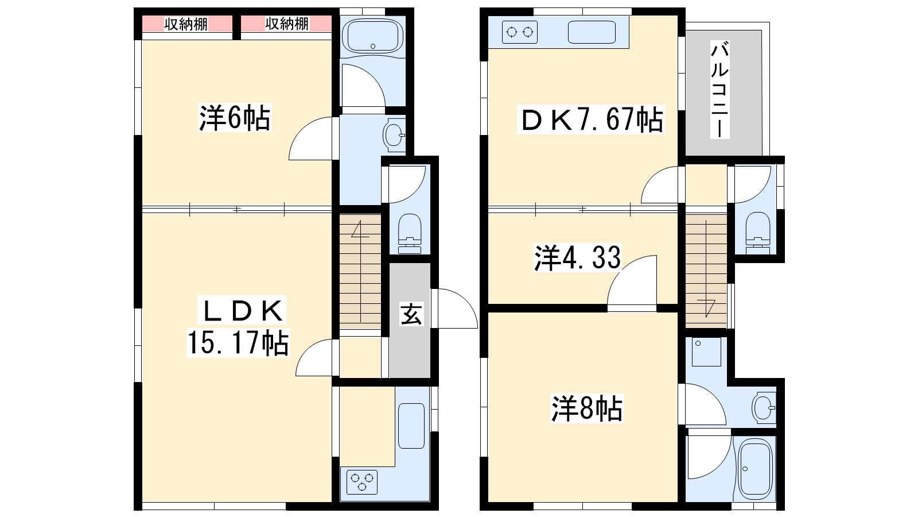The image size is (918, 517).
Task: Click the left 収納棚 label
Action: point(186,24)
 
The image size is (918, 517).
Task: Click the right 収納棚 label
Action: point(286,24)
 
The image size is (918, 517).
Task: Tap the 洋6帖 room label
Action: point(235,118)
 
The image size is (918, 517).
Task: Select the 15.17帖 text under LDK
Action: point(238,342)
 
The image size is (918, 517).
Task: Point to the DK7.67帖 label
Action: point(591,119)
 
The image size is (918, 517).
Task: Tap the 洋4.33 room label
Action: point(577,258)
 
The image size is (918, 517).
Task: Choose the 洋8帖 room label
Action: point(587,408)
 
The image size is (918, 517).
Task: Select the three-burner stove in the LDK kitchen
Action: point(362,482)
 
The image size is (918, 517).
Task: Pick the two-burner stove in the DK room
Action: point(520,32)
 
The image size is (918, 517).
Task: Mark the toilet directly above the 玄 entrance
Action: point(410,233)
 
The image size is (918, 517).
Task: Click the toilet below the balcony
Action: point(758,233)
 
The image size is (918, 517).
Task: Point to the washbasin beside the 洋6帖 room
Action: point(394,135)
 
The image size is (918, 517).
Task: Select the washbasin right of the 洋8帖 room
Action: point(764,408)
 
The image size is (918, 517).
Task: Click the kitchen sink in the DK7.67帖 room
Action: point(592,32)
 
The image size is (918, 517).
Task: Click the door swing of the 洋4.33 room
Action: point(632,280)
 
